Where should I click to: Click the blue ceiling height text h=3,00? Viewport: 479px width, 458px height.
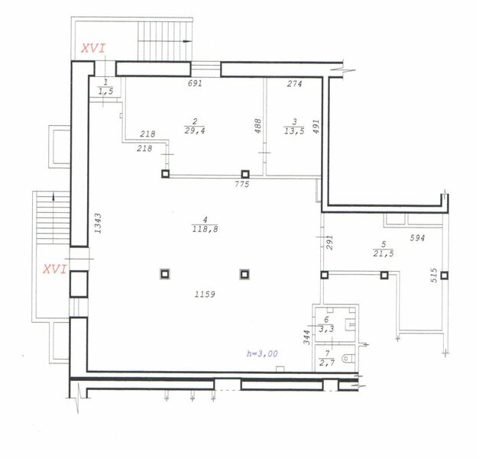point(261,353)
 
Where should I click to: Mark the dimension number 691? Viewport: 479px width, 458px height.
point(195,84)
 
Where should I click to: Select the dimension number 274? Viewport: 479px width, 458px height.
point(294,84)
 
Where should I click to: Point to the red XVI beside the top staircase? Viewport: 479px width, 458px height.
point(93,49)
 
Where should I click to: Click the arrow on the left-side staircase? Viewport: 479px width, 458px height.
point(53,198)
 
